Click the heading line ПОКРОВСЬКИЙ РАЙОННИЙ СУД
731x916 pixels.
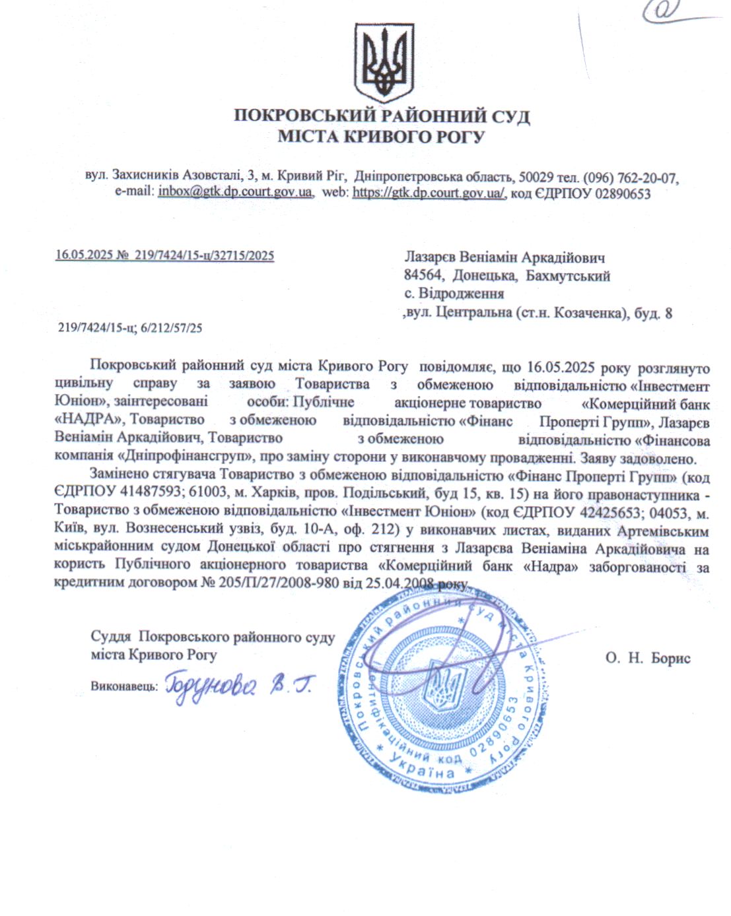click(382, 116)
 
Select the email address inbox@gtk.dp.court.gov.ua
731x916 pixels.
click(235, 193)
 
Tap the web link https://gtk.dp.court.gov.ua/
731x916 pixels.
click(429, 193)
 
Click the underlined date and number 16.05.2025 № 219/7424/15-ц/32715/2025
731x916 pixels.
click(164, 255)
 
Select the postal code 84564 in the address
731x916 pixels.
click(422, 276)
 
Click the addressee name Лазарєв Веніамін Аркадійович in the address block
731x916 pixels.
click(505, 257)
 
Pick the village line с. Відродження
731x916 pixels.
click(454, 294)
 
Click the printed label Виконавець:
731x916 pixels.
click(124, 686)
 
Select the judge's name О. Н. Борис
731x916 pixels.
click(647, 658)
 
